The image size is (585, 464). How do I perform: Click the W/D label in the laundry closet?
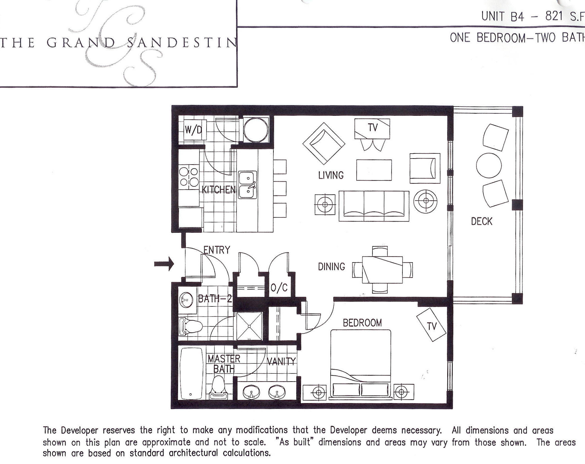tap(193, 130)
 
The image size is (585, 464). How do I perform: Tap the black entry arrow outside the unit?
tap(164, 264)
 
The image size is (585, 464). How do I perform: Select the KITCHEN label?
tap(218, 190)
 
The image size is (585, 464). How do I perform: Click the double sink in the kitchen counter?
tap(247, 185)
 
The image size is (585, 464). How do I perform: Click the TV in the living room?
tap(372, 129)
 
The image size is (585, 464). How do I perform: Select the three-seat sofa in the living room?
tap(374, 206)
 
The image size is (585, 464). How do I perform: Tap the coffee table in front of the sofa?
tap(374, 170)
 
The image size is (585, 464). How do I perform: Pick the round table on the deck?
tap(489, 165)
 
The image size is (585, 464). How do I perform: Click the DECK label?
tap(481, 222)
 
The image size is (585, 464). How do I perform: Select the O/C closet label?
tap(279, 288)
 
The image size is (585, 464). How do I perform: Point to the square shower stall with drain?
tap(249, 326)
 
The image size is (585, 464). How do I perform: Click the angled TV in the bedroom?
tap(431, 325)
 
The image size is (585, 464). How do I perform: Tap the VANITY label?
tap(281, 361)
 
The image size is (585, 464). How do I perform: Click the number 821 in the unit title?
tap(554, 16)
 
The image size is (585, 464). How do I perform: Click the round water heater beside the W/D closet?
tap(256, 130)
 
